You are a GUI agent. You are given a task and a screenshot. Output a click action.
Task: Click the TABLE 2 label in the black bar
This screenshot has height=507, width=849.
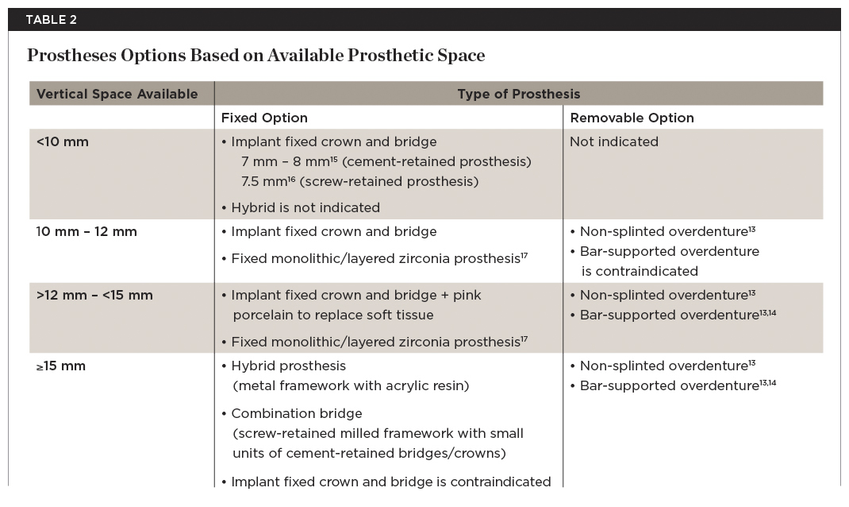pos(51,20)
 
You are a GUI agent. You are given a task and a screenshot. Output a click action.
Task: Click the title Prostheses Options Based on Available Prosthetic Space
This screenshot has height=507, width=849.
pos(255,56)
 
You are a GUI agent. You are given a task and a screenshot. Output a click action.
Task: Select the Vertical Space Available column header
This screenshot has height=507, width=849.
pos(117,94)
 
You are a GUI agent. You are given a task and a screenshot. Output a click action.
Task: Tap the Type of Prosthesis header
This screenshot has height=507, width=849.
pos(518,94)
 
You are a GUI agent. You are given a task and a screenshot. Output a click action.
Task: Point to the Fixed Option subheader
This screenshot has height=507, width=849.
pos(264,118)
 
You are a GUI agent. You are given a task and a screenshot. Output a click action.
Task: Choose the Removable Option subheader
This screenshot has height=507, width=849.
pos(632,118)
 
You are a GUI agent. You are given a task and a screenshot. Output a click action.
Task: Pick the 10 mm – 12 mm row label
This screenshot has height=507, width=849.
pos(86,232)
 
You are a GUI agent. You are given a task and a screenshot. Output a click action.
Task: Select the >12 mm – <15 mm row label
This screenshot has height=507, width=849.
pos(94,295)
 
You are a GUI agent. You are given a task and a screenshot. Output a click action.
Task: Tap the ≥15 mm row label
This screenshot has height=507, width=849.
pos(61,366)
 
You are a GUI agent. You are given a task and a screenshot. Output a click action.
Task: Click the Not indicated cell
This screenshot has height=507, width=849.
pos(614,141)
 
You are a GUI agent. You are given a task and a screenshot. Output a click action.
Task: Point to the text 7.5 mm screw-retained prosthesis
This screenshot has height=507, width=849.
pos(359,182)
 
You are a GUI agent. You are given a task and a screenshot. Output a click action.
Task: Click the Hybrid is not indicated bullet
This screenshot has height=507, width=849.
pos(305,207)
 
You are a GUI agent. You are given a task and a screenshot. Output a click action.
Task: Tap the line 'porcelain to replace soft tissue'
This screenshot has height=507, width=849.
pos(332,315)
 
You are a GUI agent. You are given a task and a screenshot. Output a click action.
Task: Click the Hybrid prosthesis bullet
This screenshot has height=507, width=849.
pos(288,366)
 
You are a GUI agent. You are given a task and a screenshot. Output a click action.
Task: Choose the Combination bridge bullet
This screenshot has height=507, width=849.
pos(296,413)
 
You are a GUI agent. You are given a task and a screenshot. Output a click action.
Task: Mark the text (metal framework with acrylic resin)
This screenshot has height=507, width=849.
pos(351,386)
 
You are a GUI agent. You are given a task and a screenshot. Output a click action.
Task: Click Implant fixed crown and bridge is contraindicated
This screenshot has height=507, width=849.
pos(386,482)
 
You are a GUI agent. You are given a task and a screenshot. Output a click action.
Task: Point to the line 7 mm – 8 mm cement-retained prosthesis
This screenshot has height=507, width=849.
pos(386,162)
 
